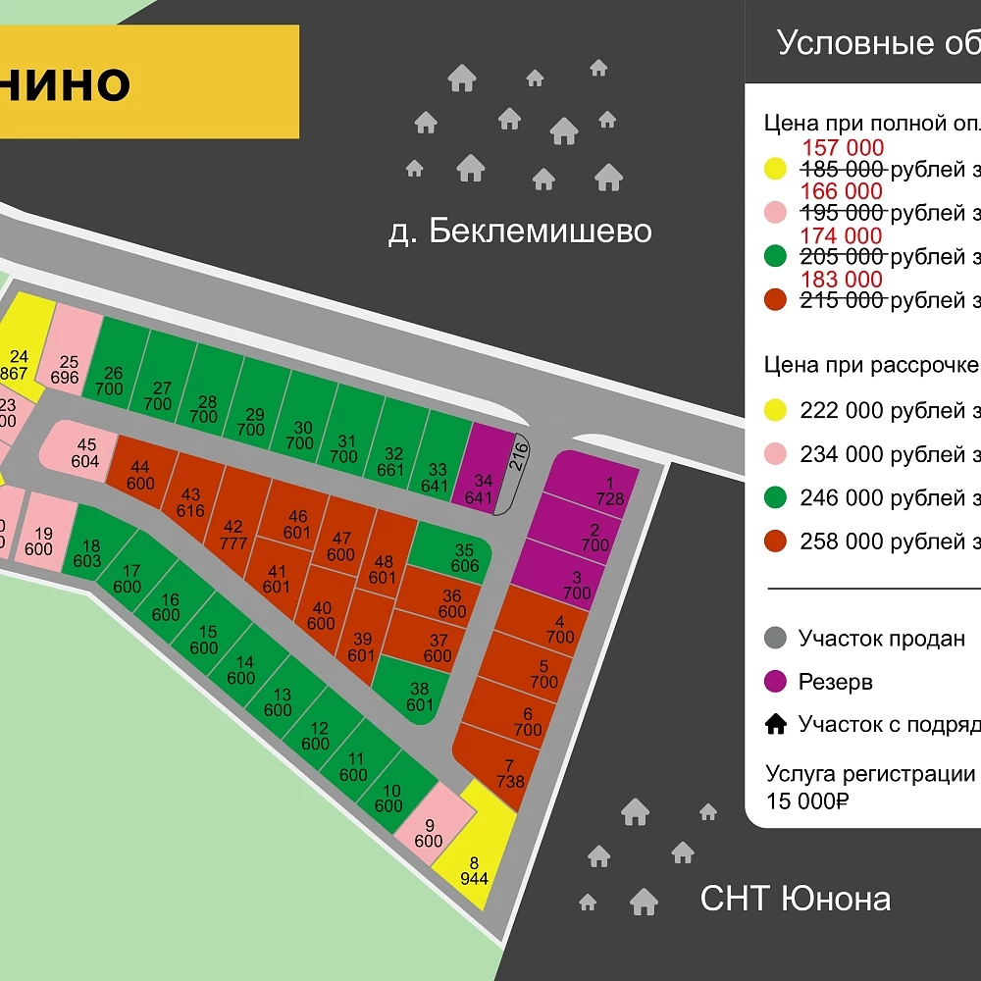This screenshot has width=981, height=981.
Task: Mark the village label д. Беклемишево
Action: [x=520, y=232]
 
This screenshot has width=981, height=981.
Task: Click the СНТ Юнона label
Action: [x=796, y=898]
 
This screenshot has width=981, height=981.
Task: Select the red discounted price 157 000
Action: [x=843, y=148]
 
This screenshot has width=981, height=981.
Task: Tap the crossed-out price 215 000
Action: [x=843, y=300]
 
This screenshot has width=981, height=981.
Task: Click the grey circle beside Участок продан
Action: [x=776, y=639]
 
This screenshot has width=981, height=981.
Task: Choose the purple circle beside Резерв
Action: [x=776, y=682]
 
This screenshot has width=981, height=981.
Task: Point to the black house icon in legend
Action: [x=776, y=725]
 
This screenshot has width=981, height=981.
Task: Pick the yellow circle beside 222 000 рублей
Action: [x=776, y=411]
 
